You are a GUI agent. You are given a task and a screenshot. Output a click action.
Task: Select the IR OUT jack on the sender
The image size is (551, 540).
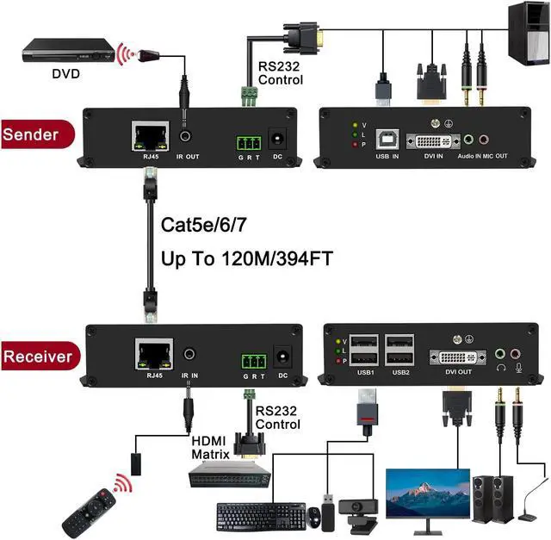tap(184, 136)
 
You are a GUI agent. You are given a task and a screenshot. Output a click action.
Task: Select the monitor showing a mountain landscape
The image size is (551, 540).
tap(427, 496)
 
